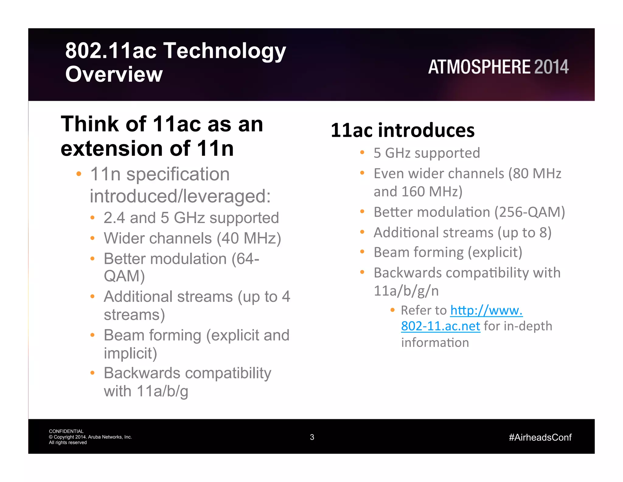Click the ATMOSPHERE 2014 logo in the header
pyautogui.click(x=498, y=67)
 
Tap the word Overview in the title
pyautogui.click(x=114, y=74)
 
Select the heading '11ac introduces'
pyautogui.click(x=402, y=130)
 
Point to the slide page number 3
pyautogui.click(x=312, y=437)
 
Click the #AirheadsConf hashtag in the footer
pyautogui.click(x=540, y=438)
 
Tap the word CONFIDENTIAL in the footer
pyautogui.click(x=66, y=431)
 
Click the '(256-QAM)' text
pyautogui.click(x=530, y=212)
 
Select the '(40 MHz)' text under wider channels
pyautogui.click(x=249, y=238)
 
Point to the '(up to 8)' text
pyautogui.click(x=524, y=232)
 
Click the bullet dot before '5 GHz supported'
pyautogui.click(x=362, y=152)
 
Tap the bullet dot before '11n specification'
pyautogui.click(x=79, y=174)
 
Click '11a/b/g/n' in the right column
pyautogui.click(x=406, y=291)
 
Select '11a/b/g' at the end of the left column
pyautogui.click(x=162, y=391)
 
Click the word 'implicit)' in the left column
pyautogui.click(x=130, y=353)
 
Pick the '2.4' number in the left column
pyautogui.click(x=114, y=218)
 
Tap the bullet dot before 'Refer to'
pyautogui.click(x=392, y=310)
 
